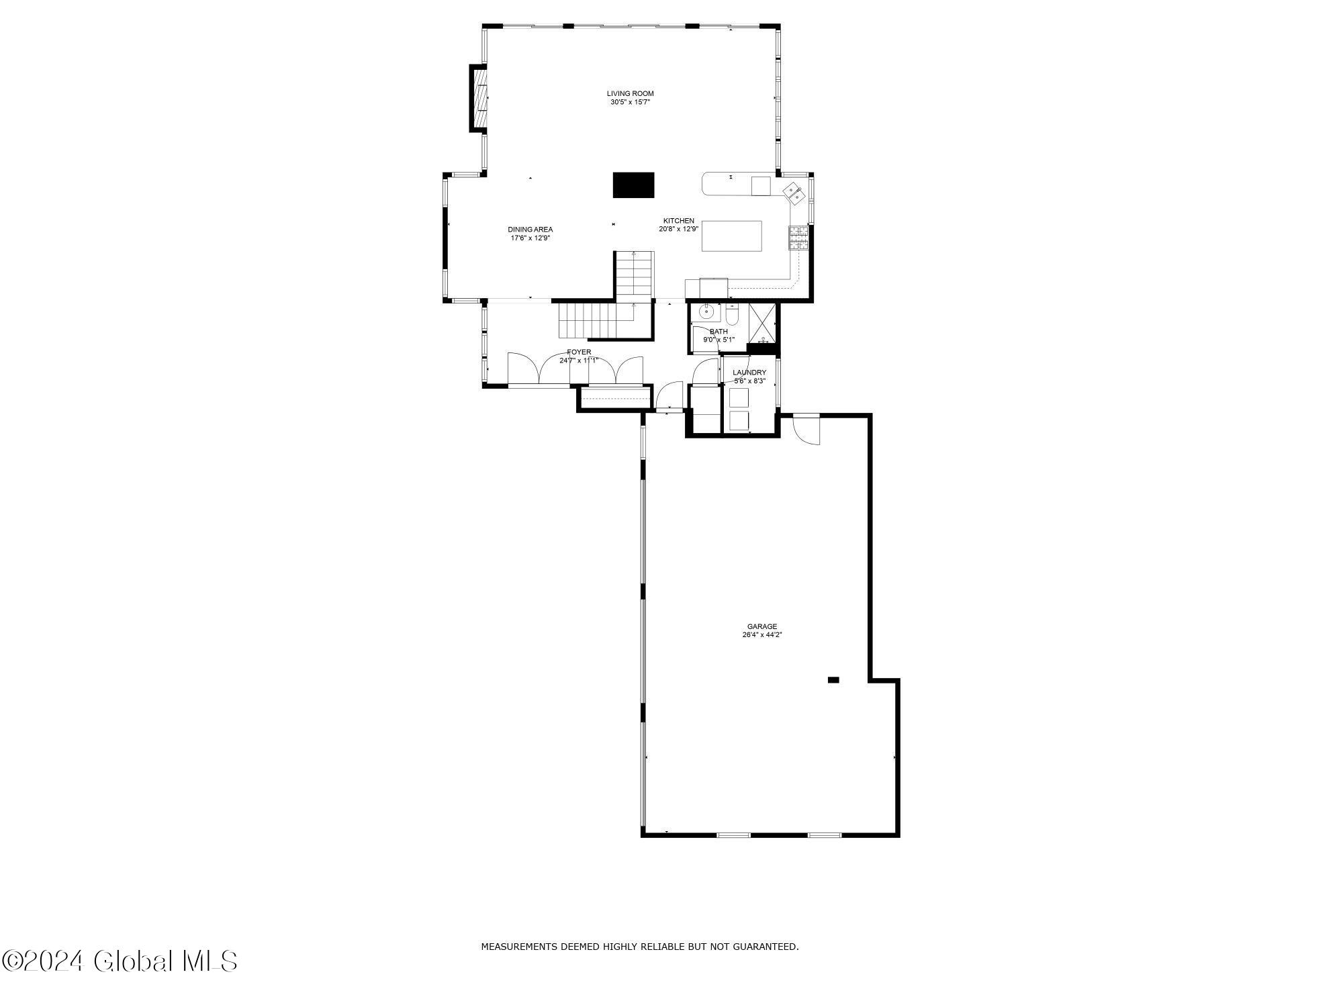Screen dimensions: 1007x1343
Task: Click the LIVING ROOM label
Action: coord(630,93)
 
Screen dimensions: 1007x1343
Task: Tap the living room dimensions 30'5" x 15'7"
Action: coord(630,102)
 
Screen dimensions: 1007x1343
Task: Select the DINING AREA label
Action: coord(530,230)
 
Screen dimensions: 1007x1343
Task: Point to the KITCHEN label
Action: coord(678,221)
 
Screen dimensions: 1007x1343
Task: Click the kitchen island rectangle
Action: coord(731,236)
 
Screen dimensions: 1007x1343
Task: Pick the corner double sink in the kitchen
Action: coord(793,192)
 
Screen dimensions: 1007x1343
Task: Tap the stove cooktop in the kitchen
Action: coord(798,238)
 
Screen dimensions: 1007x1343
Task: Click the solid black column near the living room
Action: coord(633,185)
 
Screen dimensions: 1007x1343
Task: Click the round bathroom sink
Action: coord(706,311)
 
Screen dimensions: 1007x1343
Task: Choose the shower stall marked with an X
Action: coord(761,325)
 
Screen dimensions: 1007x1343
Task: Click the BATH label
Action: coord(719,332)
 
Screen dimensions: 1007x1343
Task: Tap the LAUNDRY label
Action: coord(749,373)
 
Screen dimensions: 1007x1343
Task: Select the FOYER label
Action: coord(579,352)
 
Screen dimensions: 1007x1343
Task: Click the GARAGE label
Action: coord(762,626)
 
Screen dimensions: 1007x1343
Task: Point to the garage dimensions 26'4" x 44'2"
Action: coord(762,634)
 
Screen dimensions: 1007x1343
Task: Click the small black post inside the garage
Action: coord(833,680)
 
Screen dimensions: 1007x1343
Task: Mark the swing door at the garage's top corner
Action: coord(806,430)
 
